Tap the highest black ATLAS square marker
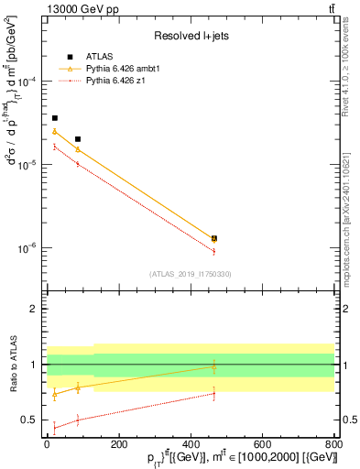coord(55,118)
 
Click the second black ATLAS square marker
coord(79,139)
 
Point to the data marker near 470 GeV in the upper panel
coord(213,238)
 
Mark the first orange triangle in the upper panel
coord(55,132)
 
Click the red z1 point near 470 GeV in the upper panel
coord(213,251)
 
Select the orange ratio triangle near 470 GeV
coord(213,366)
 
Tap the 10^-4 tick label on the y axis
coord(32,82)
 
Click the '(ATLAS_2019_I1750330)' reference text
coord(191,273)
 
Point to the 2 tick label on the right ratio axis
coord(346,309)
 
